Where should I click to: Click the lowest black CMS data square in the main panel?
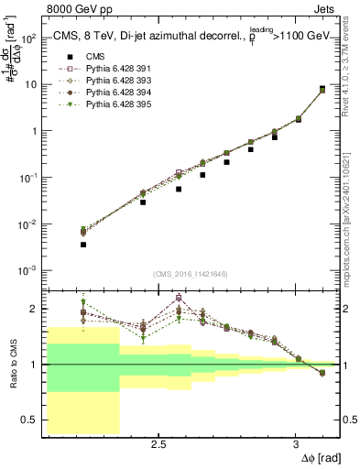(x=83, y=245)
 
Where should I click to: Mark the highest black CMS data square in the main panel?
(x=322, y=89)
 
